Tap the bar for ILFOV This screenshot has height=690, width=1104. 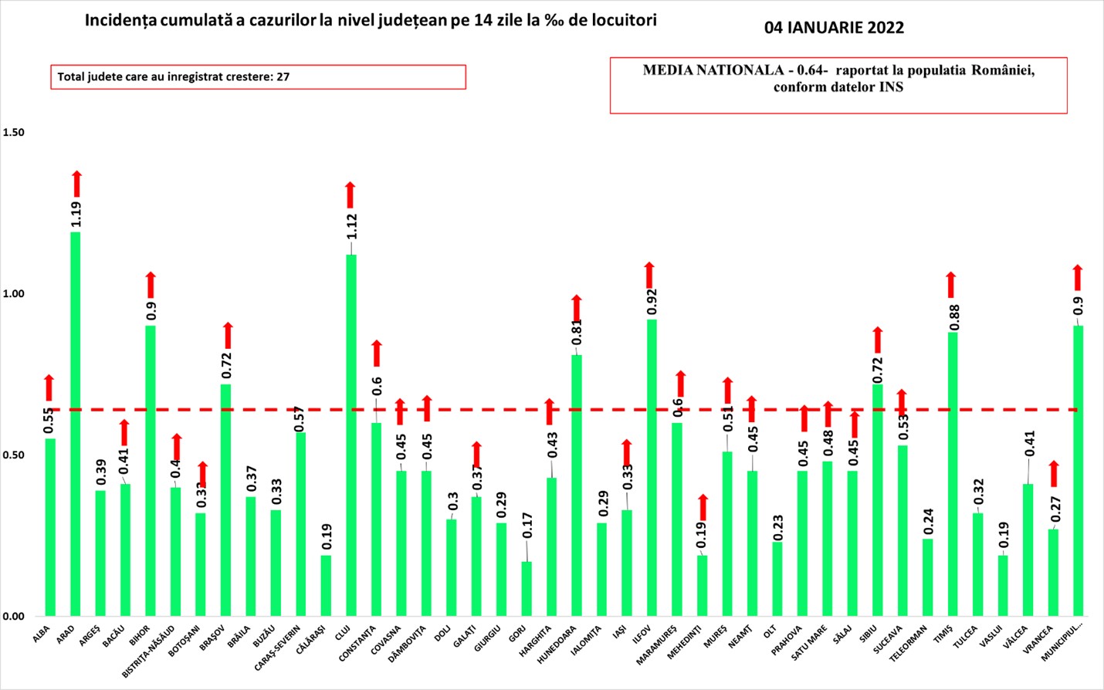pyautogui.click(x=652, y=467)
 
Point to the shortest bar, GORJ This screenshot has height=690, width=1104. pyautogui.click(x=527, y=588)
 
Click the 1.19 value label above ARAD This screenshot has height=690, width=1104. pyautogui.click(x=76, y=214)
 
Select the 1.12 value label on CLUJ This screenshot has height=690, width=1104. pyautogui.click(x=352, y=226)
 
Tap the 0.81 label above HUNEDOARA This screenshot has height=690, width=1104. pyautogui.click(x=576, y=333)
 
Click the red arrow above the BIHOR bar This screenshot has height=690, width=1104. pyautogui.click(x=151, y=285)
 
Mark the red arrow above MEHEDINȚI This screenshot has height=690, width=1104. pyautogui.click(x=703, y=507)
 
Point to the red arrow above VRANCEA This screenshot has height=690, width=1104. pyautogui.click(x=1054, y=473)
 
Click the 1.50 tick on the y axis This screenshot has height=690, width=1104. pyautogui.click(x=13, y=132)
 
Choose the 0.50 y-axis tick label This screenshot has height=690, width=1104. pyautogui.click(x=13, y=455)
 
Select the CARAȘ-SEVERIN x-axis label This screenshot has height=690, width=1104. pyautogui.click(x=278, y=650)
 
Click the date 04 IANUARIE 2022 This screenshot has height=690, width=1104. pyautogui.click(x=834, y=28)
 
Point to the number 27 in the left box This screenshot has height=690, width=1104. pyautogui.click(x=283, y=77)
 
